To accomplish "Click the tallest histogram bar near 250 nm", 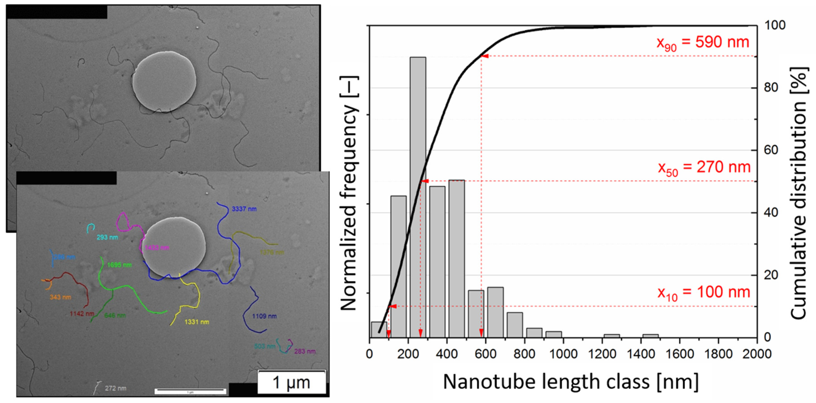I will coord(418,196).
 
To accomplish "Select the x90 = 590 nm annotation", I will coord(702,43).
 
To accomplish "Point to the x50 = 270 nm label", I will coord(704,168).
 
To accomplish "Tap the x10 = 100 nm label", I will coord(704,292).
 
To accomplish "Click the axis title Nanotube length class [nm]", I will coord(570,382).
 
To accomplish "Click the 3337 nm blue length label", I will coord(244,209).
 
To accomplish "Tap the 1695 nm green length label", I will coord(119,265).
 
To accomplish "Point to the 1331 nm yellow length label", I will coord(197,322).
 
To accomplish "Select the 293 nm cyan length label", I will coord(107,237).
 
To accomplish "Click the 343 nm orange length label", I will coord(60,297).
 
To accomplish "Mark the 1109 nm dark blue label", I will coord(264,316).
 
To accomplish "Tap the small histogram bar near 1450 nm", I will coord(650,336).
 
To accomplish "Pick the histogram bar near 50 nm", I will coord(379,330).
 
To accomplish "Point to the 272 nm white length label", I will coord(115,388).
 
